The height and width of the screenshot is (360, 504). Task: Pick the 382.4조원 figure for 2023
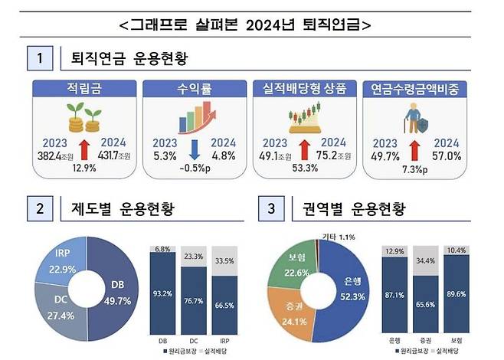coord(51,156)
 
